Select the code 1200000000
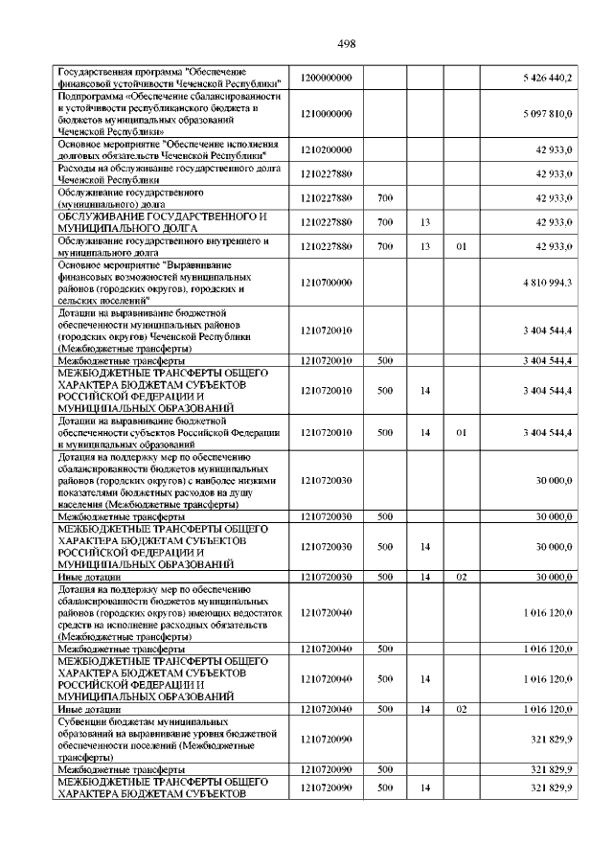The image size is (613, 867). [x=327, y=78]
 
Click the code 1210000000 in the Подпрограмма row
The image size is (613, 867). [x=327, y=114]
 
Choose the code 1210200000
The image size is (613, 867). [x=327, y=149]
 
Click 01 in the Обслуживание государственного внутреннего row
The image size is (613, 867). [x=461, y=247]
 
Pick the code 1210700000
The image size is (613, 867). [x=327, y=283]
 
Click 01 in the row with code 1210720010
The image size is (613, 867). [x=461, y=432]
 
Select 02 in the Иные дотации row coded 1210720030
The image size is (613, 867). [x=461, y=578]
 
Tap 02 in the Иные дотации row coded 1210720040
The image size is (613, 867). [x=461, y=709]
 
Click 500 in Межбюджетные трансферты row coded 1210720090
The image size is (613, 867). [x=386, y=769]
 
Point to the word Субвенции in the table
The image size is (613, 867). [x=81, y=721]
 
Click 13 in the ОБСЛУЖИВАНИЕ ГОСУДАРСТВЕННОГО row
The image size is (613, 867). [x=425, y=222]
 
